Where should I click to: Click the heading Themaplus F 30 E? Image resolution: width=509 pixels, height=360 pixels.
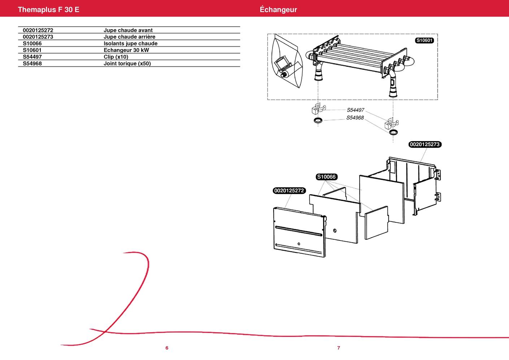[x=48, y=10]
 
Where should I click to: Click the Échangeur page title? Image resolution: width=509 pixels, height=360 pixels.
[x=278, y=10]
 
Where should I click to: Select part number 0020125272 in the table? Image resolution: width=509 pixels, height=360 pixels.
[x=38, y=30]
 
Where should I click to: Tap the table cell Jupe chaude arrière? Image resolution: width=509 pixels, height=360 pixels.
[x=129, y=37]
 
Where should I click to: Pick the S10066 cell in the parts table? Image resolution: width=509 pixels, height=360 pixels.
[x=32, y=43]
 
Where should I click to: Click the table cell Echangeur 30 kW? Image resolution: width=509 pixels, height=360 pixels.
[x=126, y=50]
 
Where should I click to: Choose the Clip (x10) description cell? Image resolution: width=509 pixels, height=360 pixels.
[x=116, y=57]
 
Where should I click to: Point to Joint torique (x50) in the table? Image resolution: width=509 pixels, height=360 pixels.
[x=127, y=64]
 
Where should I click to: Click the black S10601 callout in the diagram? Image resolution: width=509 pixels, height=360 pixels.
[x=424, y=40]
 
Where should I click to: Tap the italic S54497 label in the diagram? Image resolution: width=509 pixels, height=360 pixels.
[x=356, y=110]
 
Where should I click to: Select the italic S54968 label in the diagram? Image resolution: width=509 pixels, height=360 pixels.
[x=355, y=118]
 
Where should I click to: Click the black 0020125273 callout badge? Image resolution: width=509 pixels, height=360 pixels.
[x=425, y=144]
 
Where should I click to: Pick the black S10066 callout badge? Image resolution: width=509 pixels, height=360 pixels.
[x=326, y=177]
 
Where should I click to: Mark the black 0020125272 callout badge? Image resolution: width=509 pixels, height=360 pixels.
[x=289, y=191]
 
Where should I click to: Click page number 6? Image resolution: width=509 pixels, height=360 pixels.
[x=167, y=348]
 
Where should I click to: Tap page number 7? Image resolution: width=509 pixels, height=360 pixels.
[x=339, y=348]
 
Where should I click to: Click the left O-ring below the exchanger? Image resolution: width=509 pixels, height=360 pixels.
[x=318, y=120]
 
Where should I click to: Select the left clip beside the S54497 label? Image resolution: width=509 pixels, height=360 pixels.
[x=318, y=109]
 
